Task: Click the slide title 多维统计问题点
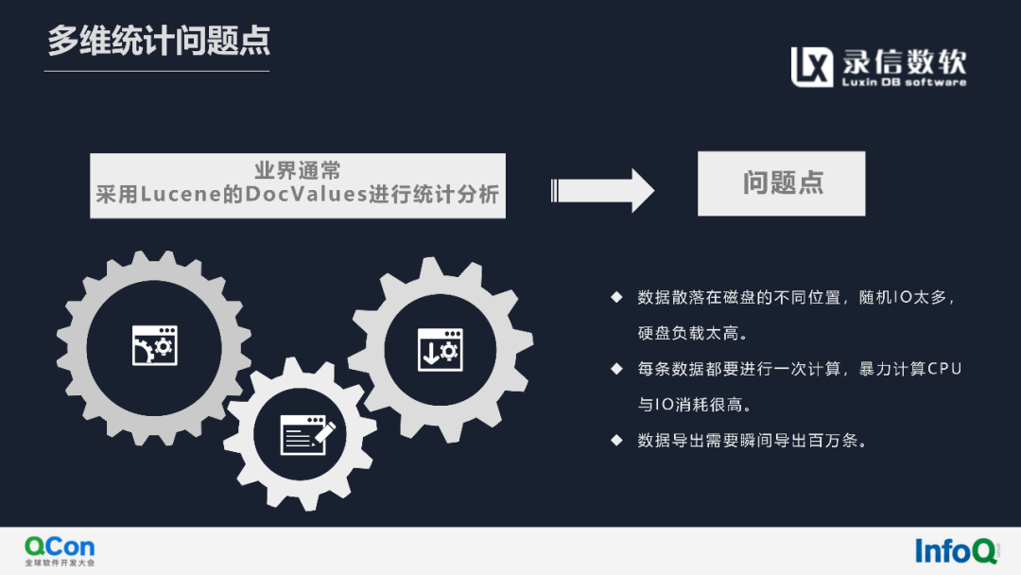coord(159,41)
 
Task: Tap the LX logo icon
coord(812,66)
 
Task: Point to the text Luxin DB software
coord(905,83)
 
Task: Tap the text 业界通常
coord(298,171)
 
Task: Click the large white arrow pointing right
coord(601,189)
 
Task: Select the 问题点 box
coord(781,183)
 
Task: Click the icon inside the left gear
coord(154,345)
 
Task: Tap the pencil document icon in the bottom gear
coord(308,434)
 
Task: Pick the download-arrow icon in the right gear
coord(440,349)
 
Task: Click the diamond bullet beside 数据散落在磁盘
coord(616,297)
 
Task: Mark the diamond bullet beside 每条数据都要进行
coord(616,369)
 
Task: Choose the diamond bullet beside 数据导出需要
coord(616,440)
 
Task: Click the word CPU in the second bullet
coord(943,369)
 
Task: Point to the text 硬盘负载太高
coord(693,333)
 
